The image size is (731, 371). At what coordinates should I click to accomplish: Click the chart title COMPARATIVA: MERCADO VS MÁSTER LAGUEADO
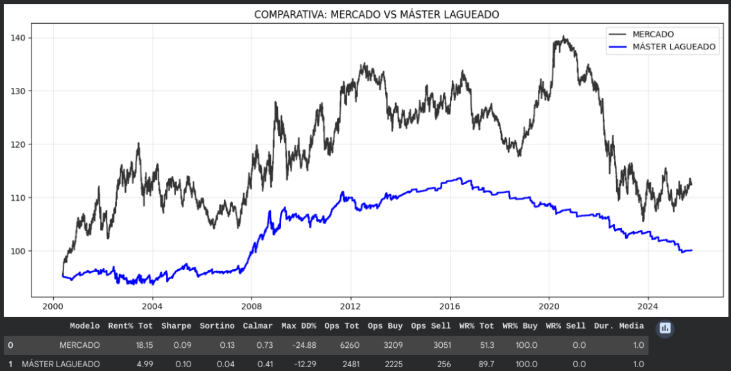[x=376, y=14]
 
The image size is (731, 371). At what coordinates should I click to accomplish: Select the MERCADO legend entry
[x=653, y=34]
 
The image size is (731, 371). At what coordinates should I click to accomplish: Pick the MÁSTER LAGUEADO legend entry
[x=674, y=47]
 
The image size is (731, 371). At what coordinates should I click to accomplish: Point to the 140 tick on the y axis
[x=19, y=38]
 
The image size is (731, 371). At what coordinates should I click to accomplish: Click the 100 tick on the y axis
[x=19, y=251]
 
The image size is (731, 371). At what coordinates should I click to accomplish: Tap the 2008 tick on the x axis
[x=252, y=306]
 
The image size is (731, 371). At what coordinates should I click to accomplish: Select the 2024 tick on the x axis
[x=648, y=306]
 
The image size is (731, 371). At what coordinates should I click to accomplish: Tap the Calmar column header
[x=257, y=326]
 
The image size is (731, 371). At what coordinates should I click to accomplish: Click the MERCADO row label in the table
[x=80, y=345]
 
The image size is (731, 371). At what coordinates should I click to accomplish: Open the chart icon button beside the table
[x=665, y=328]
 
